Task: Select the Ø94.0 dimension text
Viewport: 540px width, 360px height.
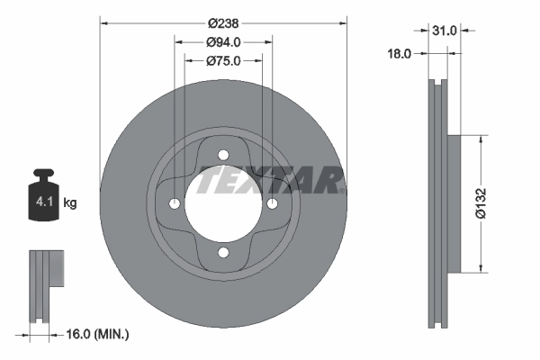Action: pyautogui.click(x=222, y=41)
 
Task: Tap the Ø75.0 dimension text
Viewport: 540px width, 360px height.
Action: pyautogui.click(x=222, y=60)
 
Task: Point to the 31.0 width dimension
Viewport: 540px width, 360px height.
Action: pyautogui.click(x=445, y=30)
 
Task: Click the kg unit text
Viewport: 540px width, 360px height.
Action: pyautogui.click(x=70, y=203)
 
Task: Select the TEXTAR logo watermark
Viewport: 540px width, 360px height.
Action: pyautogui.click(x=271, y=182)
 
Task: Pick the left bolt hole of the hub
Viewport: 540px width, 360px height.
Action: pyautogui.click(x=173, y=204)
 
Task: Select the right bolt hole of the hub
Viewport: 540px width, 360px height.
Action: pyautogui.click(x=273, y=204)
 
